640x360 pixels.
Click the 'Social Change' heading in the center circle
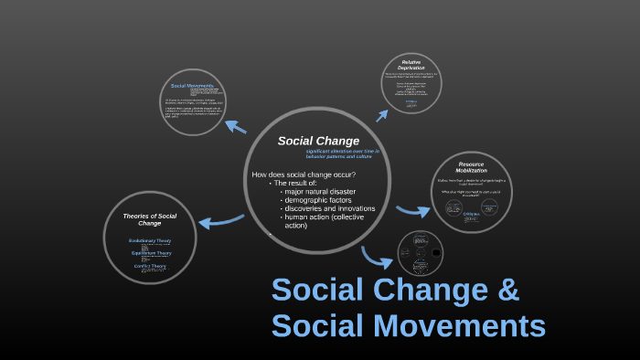click(x=318, y=141)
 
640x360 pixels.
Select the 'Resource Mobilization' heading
click(x=471, y=167)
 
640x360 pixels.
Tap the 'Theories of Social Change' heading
click(x=149, y=219)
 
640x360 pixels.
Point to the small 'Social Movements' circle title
click(x=192, y=85)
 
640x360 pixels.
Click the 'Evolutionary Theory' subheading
click(x=150, y=240)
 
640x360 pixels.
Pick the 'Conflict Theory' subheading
click(x=150, y=266)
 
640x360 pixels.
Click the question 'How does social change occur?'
click(x=304, y=175)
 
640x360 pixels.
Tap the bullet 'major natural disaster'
click(x=320, y=192)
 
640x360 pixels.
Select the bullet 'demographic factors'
click(x=316, y=200)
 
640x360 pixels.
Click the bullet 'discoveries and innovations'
click(x=329, y=208)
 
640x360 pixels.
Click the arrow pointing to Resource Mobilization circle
click(x=414, y=210)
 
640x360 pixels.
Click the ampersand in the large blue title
click(x=507, y=291)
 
